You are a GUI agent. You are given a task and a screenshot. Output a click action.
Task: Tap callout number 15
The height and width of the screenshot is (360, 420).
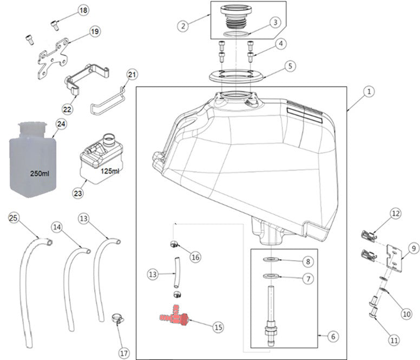point(218,327)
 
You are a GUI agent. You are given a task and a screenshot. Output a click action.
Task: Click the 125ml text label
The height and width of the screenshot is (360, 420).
point(109,172)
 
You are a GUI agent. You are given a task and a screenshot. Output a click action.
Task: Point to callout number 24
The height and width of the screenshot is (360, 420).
point(61,124)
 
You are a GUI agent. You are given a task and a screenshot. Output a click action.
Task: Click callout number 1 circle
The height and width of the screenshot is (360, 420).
point(367,93)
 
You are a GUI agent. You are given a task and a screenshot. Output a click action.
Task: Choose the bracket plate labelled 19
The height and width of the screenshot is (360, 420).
point(53,57)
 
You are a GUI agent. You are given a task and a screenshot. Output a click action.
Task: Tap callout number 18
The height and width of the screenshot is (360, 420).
point(83,11)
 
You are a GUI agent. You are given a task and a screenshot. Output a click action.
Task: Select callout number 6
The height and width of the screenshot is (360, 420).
point(332,336)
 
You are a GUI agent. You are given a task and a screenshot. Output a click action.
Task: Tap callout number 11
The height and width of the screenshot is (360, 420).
point(394,341)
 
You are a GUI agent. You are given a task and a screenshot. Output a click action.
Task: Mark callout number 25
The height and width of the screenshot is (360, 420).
point(14,218)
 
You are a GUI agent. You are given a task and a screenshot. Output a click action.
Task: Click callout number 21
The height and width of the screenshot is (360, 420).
point(133,74)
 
